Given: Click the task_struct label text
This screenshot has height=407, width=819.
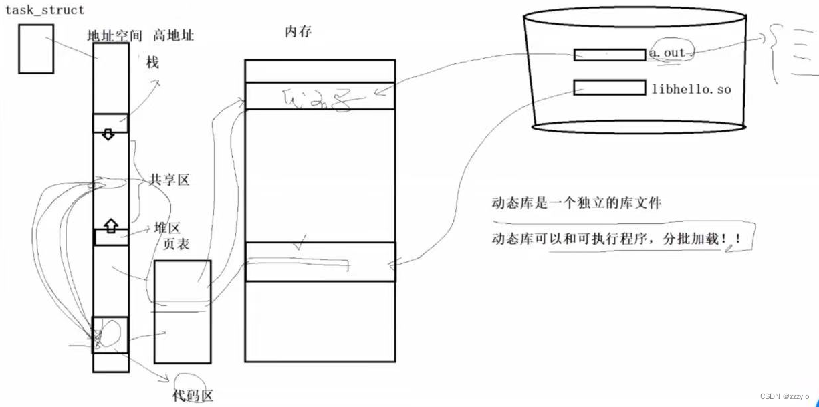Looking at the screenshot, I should [45, 11].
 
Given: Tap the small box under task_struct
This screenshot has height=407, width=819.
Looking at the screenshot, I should [35, 49].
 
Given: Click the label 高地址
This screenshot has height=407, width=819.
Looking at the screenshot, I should [173, 35].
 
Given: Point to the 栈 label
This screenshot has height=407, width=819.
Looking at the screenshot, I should [153, 63].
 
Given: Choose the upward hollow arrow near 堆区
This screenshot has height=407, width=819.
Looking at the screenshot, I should [111, 225].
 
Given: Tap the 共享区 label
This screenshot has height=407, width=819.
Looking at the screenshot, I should [168, 181].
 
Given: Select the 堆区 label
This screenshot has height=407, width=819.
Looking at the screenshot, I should [167, 228].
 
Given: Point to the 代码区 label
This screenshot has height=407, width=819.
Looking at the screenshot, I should [193, 396].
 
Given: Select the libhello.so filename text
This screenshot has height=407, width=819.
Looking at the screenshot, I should [691, 88].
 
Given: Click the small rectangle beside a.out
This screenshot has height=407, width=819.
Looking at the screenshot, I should [609, 55].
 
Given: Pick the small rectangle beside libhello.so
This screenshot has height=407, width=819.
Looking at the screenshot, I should [609, 88].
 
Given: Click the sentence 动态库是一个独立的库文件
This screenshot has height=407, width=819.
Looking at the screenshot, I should [576, 202].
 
